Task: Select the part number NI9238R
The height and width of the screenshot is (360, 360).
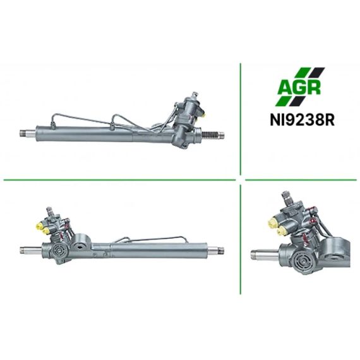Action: pyautogui.click(x=302, y=120)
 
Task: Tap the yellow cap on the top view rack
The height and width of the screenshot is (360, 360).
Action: pyautogui.click(x=203, y=114)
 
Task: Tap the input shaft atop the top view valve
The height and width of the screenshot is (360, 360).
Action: pyautogui.click(x=195, y=95)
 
